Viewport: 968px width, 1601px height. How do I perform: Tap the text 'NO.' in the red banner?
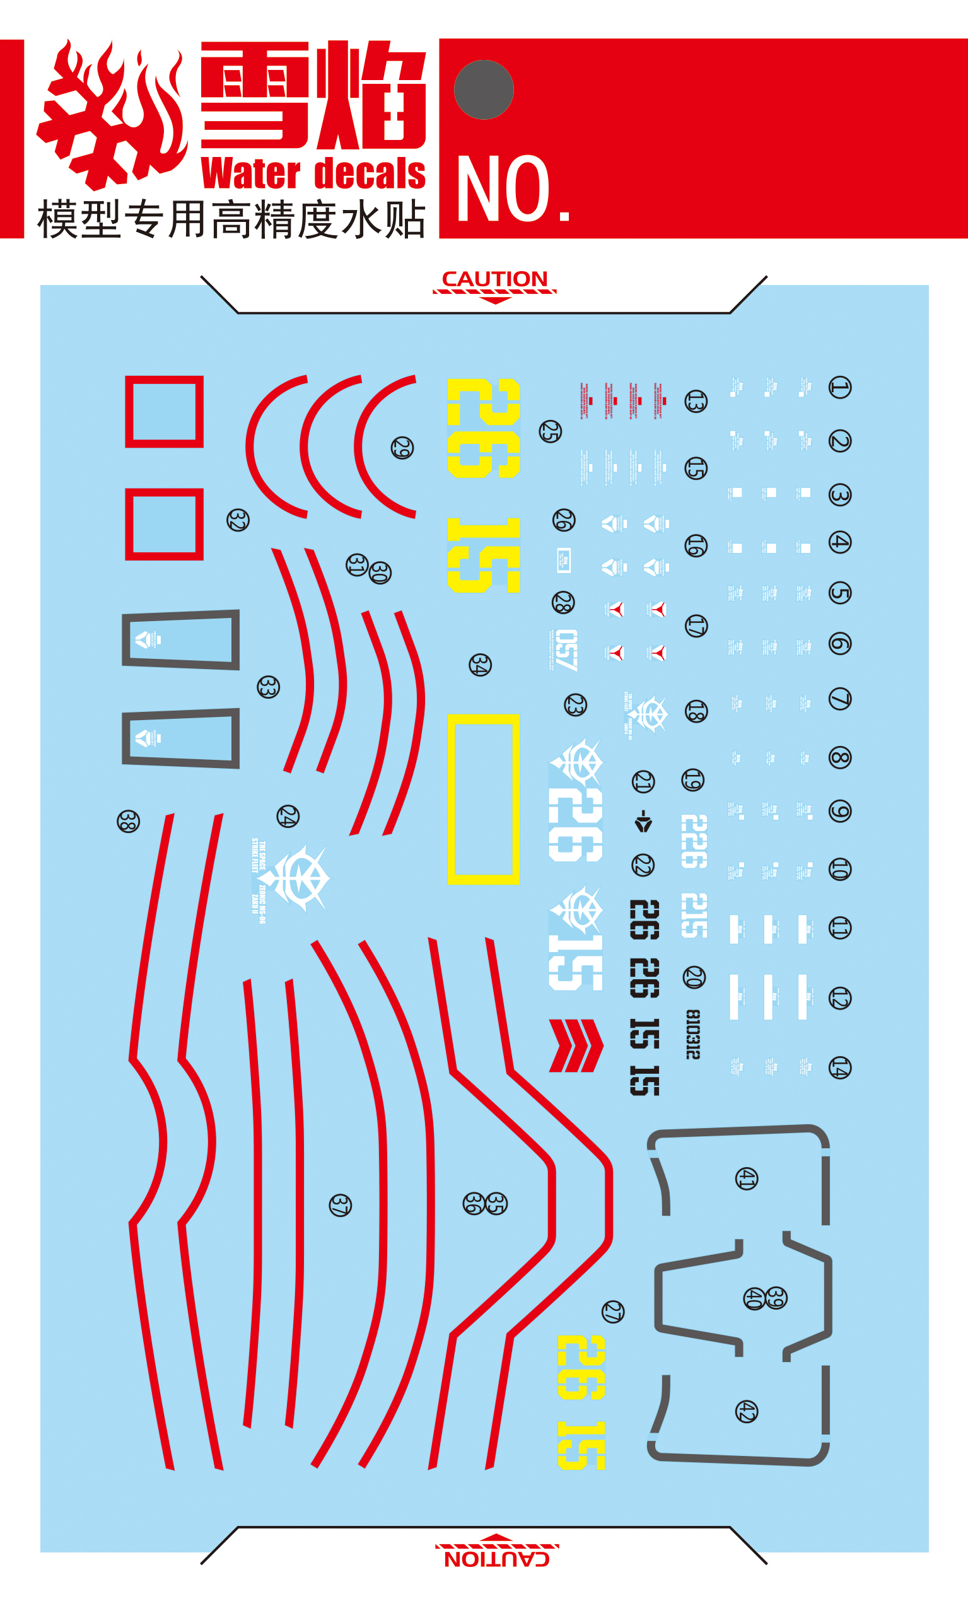click(x=513, y=189)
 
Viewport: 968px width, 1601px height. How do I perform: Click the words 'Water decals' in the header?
click(x=313, y=173)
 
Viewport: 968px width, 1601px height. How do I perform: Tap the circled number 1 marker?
click(x=839, y=387)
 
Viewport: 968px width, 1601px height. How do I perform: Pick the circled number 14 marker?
click(x=839, y=1068)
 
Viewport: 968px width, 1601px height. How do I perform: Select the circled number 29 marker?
click(x=402, y=448)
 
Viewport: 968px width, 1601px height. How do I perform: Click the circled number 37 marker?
click(x=341, y=1205)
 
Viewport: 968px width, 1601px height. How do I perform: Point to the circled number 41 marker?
click(x=747, y=1179)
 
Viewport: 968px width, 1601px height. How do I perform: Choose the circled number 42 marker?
click(x=747, y=1412)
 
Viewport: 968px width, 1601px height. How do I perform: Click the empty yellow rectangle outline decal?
click(x=483, y=799)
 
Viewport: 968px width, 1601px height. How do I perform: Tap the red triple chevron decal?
click(x=576, y=1045)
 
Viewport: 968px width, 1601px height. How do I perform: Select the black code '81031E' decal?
click(x=693, y=1034)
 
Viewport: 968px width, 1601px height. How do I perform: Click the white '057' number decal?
click(x=565, y=650)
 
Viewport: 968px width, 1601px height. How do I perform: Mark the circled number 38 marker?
click(x=128, y=821)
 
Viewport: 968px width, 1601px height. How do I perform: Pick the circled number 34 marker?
click(x=480, y=665)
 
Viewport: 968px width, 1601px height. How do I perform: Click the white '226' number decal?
click(x=693, y=841)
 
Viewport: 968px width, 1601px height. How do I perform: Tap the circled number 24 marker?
click(x=288, y=816)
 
